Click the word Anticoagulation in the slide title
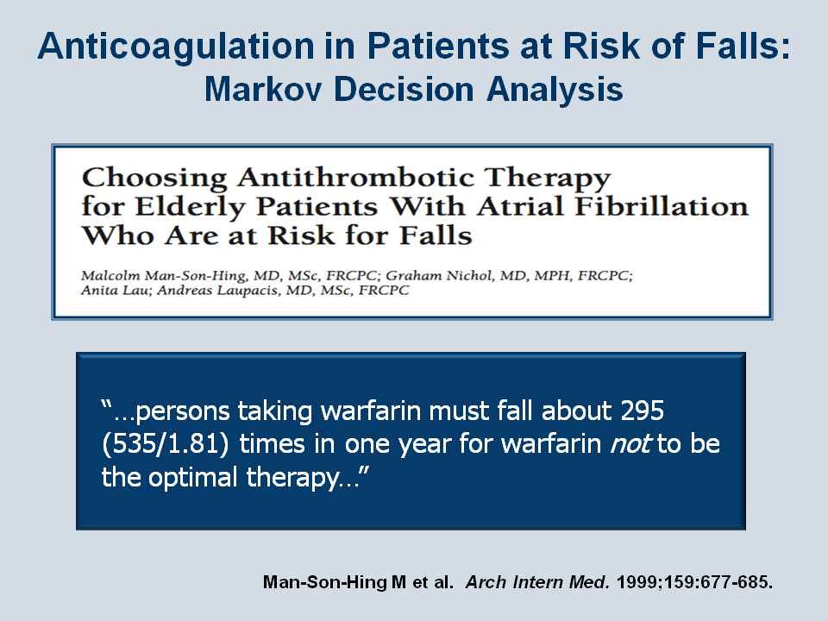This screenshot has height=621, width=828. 176,47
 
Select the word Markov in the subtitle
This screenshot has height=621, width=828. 263,89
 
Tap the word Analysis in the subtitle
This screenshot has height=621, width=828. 555,90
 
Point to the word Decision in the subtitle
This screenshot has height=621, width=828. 404,89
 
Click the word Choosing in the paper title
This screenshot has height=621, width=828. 154,179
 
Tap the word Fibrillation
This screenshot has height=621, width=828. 662,206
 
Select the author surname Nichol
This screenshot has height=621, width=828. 470,275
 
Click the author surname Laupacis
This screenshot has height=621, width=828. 248,291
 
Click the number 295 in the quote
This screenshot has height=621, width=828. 642,411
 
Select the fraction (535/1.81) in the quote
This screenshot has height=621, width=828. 166,443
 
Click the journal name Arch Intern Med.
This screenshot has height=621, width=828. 537,582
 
